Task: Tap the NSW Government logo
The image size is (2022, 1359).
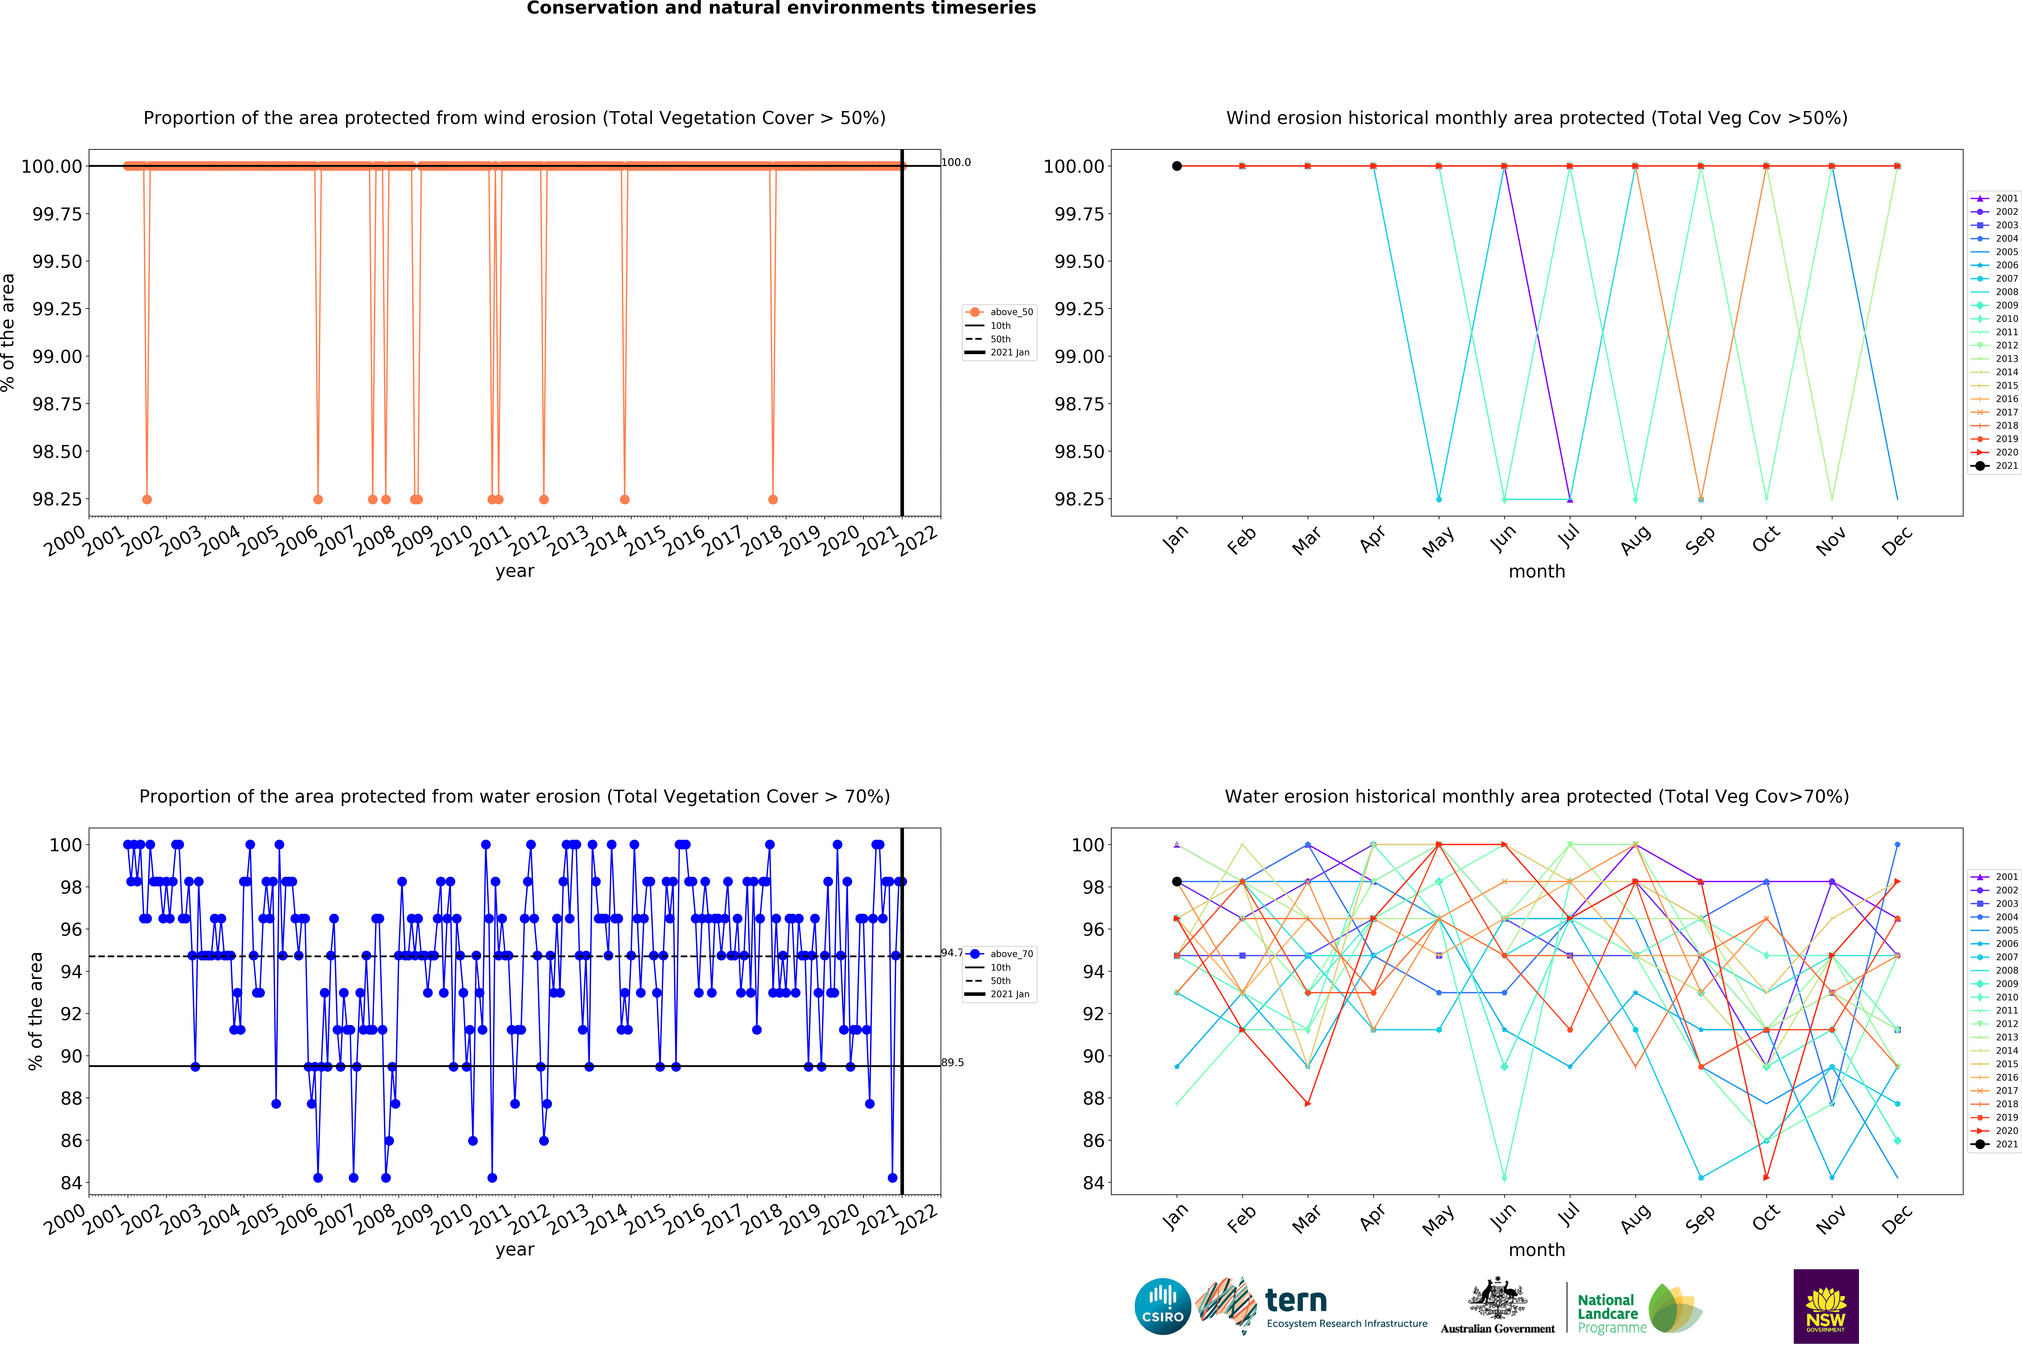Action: point(1825,1306)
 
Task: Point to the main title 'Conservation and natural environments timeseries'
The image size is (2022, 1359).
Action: point(781,9)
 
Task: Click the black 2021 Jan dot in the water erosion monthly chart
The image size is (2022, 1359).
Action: point(1177,881)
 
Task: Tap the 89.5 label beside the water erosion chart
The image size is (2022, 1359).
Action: point(953,1062)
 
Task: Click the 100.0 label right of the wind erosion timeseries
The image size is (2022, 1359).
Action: point(956,162)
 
